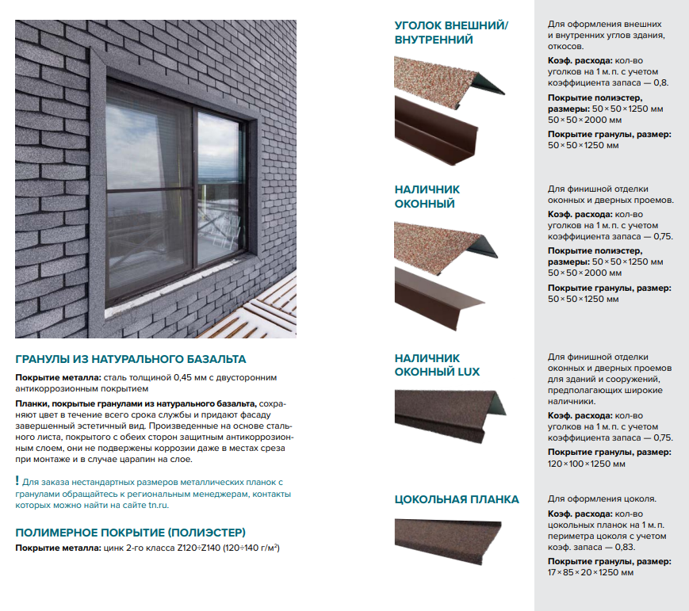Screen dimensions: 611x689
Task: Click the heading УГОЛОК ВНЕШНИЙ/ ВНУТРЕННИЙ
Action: coord(451,32)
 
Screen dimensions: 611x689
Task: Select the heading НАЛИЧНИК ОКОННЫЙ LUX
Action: coord(437,365)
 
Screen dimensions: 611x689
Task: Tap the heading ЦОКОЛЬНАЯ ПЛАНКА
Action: coord(457,499)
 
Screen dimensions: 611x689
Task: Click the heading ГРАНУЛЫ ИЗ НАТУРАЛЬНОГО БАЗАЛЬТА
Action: coord(131,359)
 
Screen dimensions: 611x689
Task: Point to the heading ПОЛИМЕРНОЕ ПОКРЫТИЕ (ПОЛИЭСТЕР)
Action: coord(131,532)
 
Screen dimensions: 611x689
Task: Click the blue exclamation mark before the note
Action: coord(17,481)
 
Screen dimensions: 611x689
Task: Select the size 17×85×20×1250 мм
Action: coord(591,572)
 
